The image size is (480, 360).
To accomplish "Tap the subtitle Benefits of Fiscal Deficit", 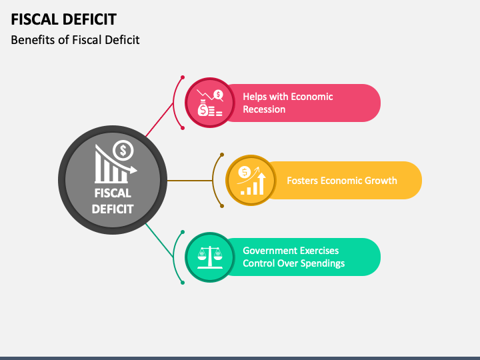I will (x=75, y=40).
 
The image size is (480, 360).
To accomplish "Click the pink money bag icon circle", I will (x=205, y=103).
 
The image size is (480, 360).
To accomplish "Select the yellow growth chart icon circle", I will (x=251, y=180).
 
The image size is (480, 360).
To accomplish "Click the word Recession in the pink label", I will (x=264, y=109).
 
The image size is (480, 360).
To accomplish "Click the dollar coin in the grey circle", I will (x=123, y=151).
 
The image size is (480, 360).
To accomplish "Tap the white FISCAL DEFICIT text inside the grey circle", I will (x=113, y=201).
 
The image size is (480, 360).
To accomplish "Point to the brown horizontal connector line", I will (x=190, y=180).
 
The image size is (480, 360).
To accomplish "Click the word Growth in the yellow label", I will (x=381, y=180).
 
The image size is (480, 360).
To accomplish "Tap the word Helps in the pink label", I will (x=256, y=97).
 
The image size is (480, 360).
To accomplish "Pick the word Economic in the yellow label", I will (x=343, y=180).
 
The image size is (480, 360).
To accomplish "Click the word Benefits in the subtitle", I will (x=32, y=40).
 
